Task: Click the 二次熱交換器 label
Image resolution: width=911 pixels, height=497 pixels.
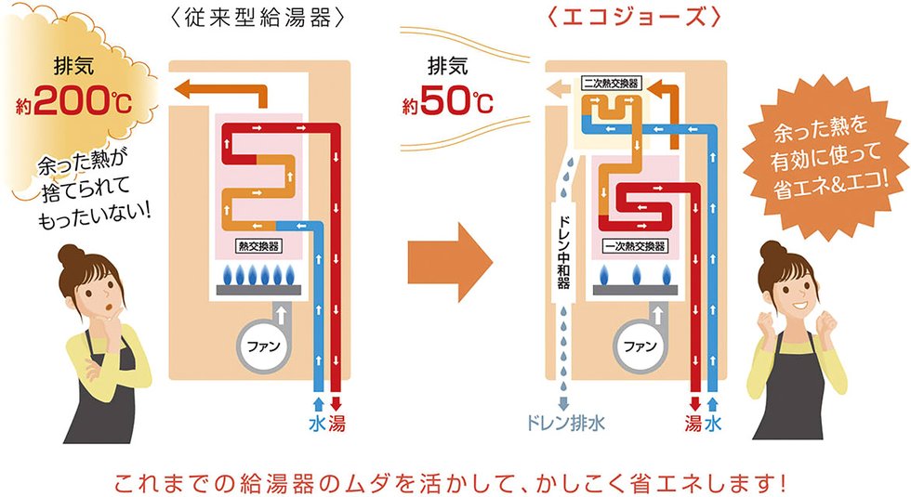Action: click(x=611, y=83)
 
